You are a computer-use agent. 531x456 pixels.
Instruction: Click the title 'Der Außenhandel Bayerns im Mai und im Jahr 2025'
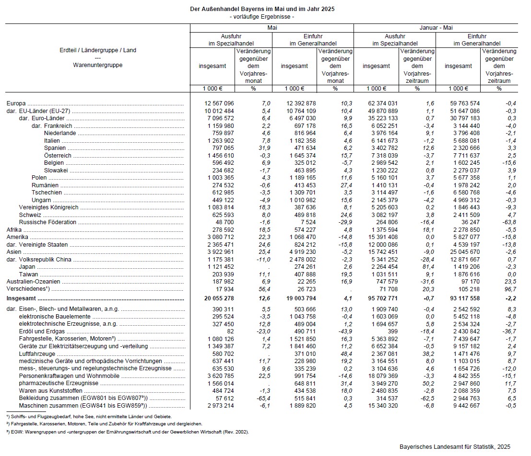[262, 9]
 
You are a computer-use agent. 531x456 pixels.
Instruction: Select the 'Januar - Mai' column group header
[436, 28]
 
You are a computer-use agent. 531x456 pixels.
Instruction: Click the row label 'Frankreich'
[59, 125]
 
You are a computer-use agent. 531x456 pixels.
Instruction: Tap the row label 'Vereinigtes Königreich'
[48, 207]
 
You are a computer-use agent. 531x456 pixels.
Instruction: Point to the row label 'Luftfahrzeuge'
[35, 353]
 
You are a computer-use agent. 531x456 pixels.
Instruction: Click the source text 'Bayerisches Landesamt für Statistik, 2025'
[455, 446]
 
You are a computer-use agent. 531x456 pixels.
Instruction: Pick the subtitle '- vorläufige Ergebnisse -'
[262, 17]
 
